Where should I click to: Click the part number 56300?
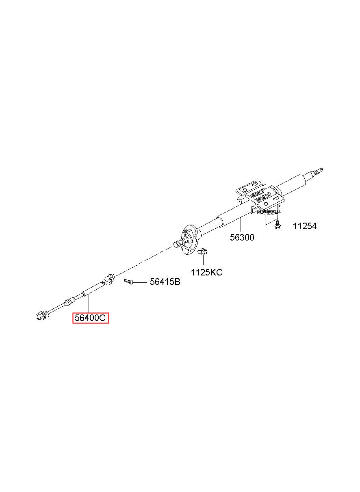[242, 237]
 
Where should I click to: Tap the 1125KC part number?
[207, 272]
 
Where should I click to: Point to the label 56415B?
[165, 282]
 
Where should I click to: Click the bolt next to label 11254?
[277, 225]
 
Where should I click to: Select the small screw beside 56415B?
[129, 281]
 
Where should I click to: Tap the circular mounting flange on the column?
[189, 240]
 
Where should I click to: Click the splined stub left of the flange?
[179, 245]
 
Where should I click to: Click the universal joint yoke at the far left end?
[41, 314]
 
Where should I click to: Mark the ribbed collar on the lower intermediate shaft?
[70, 301]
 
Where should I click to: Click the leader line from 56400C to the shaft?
[89, 305]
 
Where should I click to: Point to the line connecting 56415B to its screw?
[141, 282]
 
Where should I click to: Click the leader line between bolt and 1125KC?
[203, 261]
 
